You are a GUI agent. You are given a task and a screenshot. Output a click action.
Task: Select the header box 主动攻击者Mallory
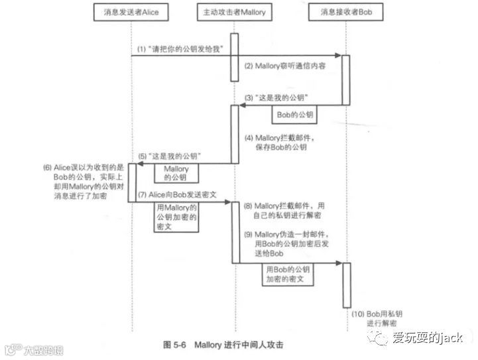[234, 12]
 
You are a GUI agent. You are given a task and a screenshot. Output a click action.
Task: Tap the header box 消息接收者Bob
[345, 12]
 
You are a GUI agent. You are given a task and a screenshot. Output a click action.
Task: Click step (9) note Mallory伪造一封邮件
[288, 244]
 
